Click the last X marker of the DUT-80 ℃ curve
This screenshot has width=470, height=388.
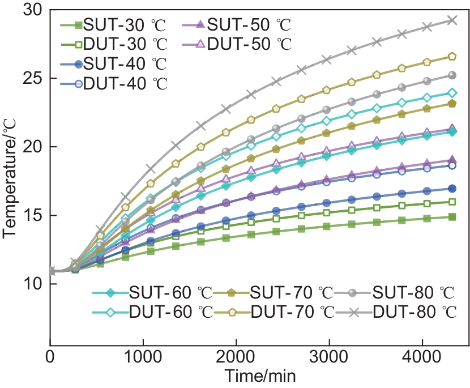click(452, 20)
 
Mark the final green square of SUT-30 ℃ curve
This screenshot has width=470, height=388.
click(452, 217)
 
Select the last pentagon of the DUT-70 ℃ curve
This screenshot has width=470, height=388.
click(452, 56)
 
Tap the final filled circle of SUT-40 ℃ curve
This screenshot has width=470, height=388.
click(452, 189)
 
